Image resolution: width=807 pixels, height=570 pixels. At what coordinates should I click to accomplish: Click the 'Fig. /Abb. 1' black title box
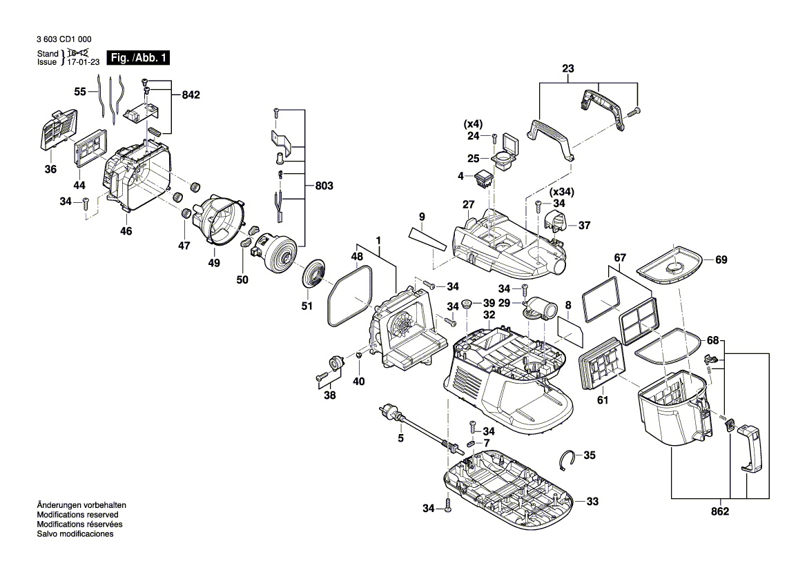tap(138, 58)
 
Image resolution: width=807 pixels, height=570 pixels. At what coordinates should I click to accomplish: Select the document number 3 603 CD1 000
tap(64, 39)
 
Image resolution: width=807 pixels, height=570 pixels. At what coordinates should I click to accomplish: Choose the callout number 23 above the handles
tap(568, 69)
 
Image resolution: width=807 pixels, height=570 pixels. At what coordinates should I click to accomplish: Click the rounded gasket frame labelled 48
tap(350, 297)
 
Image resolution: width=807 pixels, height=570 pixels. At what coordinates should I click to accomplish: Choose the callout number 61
tap(602, 399)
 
